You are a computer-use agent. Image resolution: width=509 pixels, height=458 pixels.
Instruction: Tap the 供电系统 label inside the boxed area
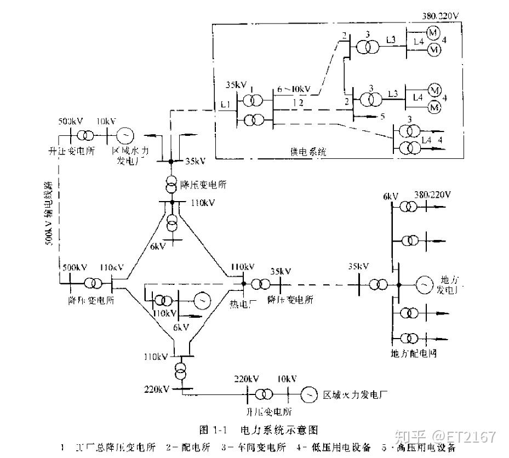tap(308, 152)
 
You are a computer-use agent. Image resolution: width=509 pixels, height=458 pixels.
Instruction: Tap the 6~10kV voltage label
tap(293, 89)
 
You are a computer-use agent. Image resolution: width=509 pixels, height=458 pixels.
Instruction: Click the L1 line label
tap(225, 104)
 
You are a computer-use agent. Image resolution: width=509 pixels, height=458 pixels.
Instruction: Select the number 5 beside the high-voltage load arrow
tap(382, 117)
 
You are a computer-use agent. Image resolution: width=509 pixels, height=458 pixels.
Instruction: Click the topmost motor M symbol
tap(433, 33)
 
